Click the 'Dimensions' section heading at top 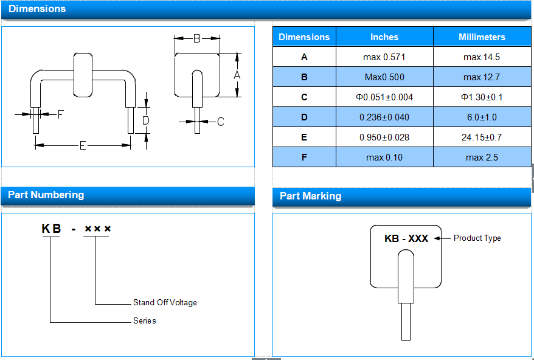(x=37, y=9)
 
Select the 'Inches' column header (x=384, y=36)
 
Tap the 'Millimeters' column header (x=482, y=36)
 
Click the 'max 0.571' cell (x=384, y=57)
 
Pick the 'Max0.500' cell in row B (x=384, y=77)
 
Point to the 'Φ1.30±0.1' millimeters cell (x=482, y=97)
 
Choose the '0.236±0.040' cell (x=384, y=117)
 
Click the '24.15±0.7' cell (x=482, y=137)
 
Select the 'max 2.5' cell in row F (x=482, y=157)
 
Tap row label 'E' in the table (x=304, y=137)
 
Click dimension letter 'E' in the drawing (x=83, y=146)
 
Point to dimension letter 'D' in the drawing (x=146, y=120)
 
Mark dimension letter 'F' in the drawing (x=61, y=114)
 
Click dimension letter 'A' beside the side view (x=237, y=75)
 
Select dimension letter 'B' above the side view (x=197, y=38)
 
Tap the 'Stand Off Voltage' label (x=165, y=302)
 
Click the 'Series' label (x=144, y=321)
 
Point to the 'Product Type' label (x=477, y=238)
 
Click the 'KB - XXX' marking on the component (x=406, y=238)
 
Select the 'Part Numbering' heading (x=46, y=195)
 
